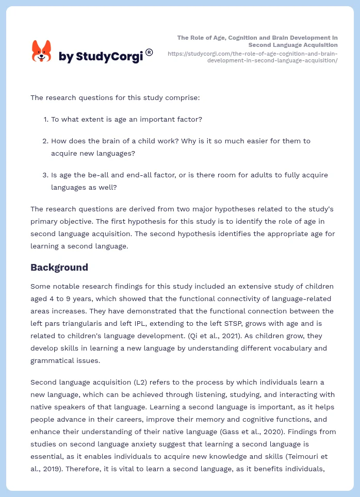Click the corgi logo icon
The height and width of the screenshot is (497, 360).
click(41, 51)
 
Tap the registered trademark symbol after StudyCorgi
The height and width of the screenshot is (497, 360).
click(149, 52)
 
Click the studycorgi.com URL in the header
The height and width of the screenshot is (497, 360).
click(253, 57)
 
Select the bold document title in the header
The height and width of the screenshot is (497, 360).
click(257, 41)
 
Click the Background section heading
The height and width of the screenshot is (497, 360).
click(59, 267)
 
